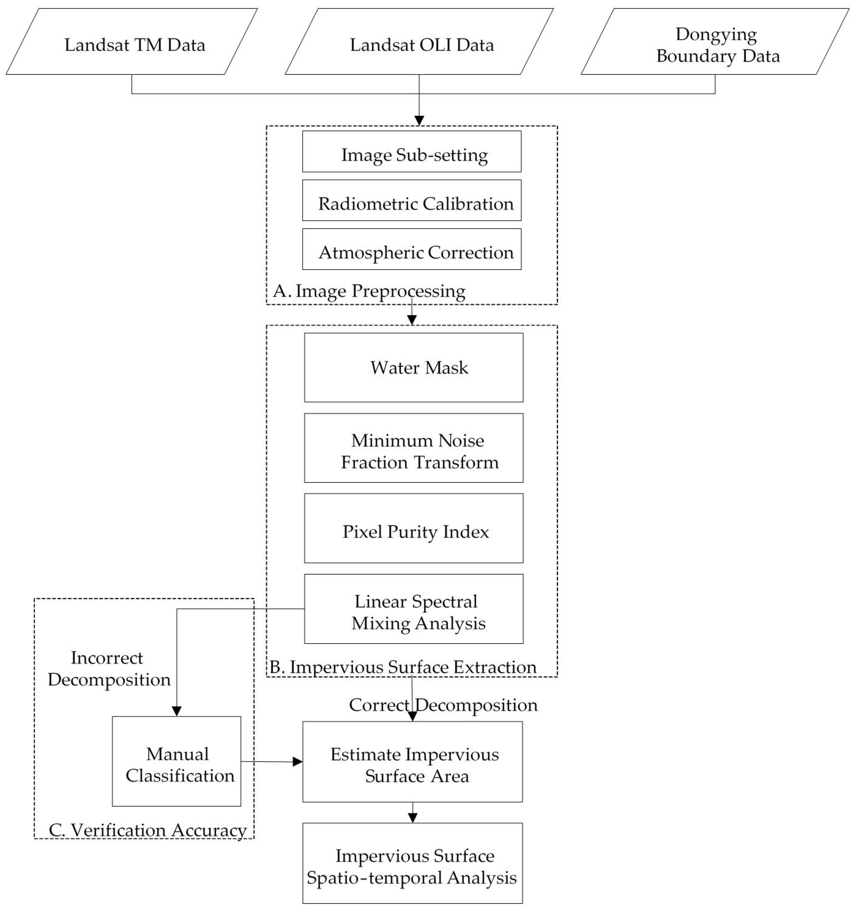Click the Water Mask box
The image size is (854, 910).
pos(414,368)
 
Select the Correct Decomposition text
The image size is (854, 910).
pos(443,705)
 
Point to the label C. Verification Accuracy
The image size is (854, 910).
pos(148,830)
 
